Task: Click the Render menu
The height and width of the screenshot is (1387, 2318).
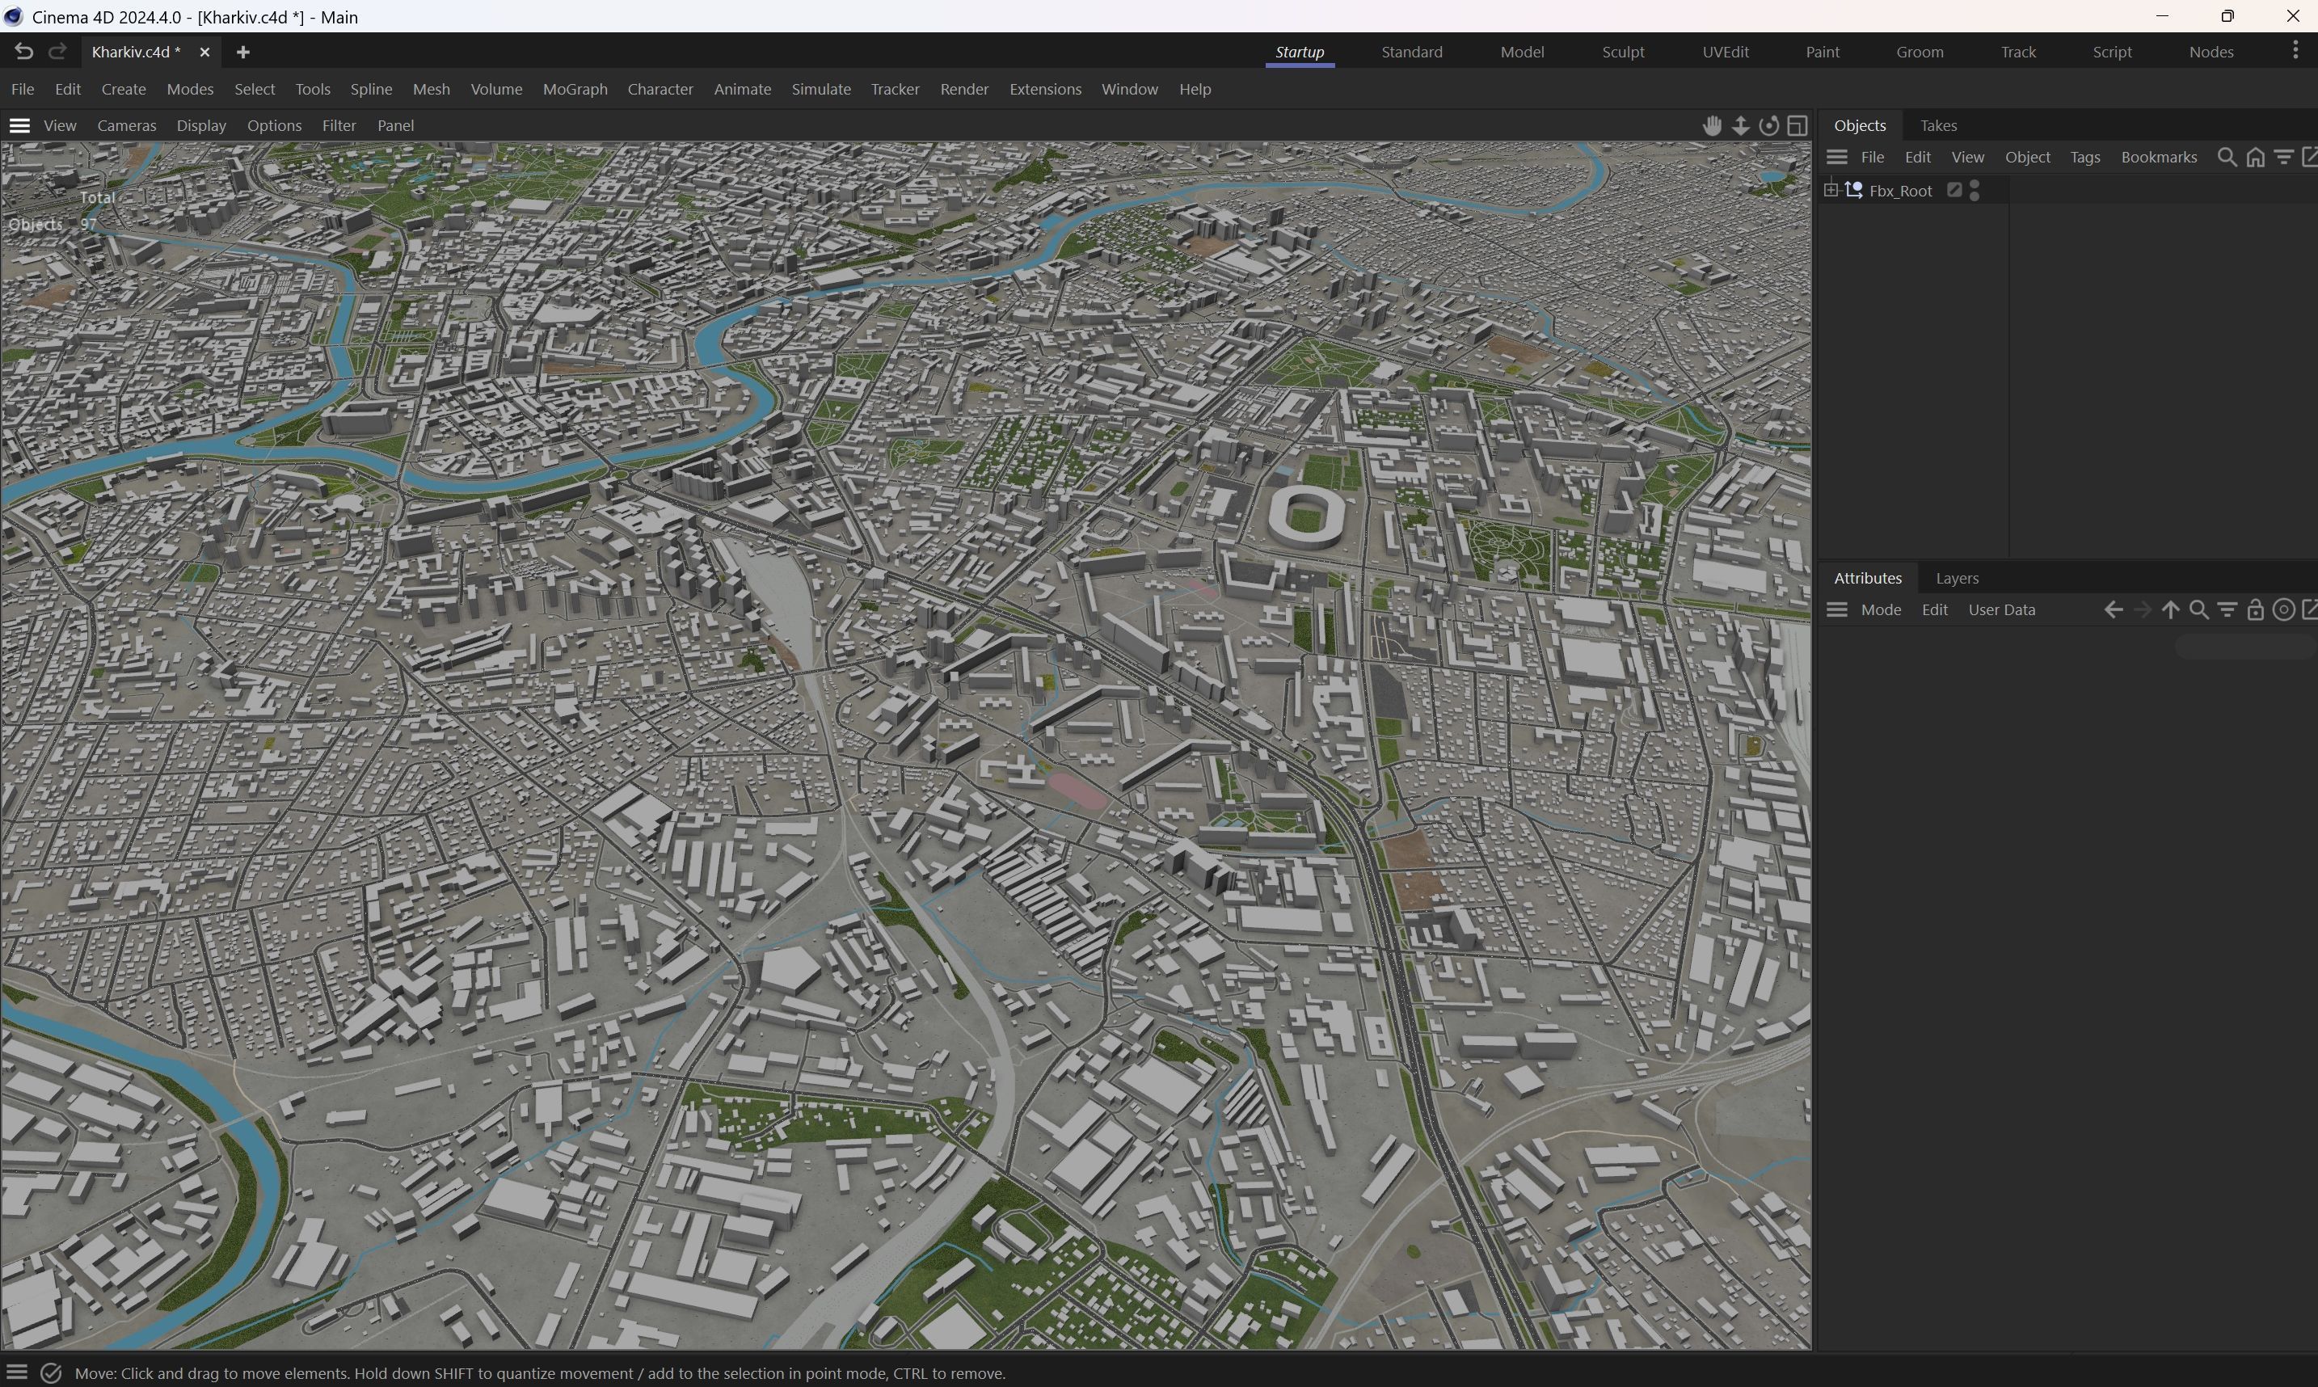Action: (963, 89)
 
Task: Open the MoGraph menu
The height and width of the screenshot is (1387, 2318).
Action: (575, 89)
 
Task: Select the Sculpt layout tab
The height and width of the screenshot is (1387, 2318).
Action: (1622, 53)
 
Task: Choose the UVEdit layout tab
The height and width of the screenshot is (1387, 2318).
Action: (1725, 53)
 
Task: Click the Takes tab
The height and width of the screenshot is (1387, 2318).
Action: (1938, 125)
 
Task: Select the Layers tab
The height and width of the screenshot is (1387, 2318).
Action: (1957, 578)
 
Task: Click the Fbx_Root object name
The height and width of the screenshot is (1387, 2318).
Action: (1899, 191)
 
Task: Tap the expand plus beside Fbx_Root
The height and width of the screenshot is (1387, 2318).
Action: (1831, 191)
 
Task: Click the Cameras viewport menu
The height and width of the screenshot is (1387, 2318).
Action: (126, 125)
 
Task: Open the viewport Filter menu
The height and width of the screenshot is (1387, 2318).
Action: (338, 125)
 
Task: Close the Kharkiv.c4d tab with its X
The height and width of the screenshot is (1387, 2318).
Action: (204, 53)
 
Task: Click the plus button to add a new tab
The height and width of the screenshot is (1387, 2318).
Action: (243, 53)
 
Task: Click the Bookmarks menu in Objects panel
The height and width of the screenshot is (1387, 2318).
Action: (2158, 157)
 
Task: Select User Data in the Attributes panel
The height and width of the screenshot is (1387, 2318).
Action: (2001, 609)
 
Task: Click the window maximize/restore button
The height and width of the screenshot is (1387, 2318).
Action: (2227, 17)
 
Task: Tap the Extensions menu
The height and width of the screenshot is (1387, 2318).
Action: (1044, 89)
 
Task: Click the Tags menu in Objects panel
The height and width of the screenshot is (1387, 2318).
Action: (2084, 157)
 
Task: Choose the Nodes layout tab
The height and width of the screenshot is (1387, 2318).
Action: (2211, 53)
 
